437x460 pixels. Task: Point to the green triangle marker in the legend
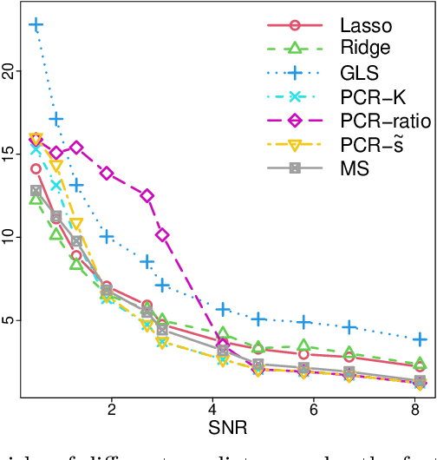pos(295,49)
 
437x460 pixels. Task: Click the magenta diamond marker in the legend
pos(295,121)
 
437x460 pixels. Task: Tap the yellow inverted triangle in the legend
pos(295,145)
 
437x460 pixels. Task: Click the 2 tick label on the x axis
pos(111,410)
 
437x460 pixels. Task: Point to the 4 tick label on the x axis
pos(212,410)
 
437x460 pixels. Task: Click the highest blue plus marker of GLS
pos(36,25)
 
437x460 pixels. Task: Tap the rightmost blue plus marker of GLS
pos(421,338)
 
